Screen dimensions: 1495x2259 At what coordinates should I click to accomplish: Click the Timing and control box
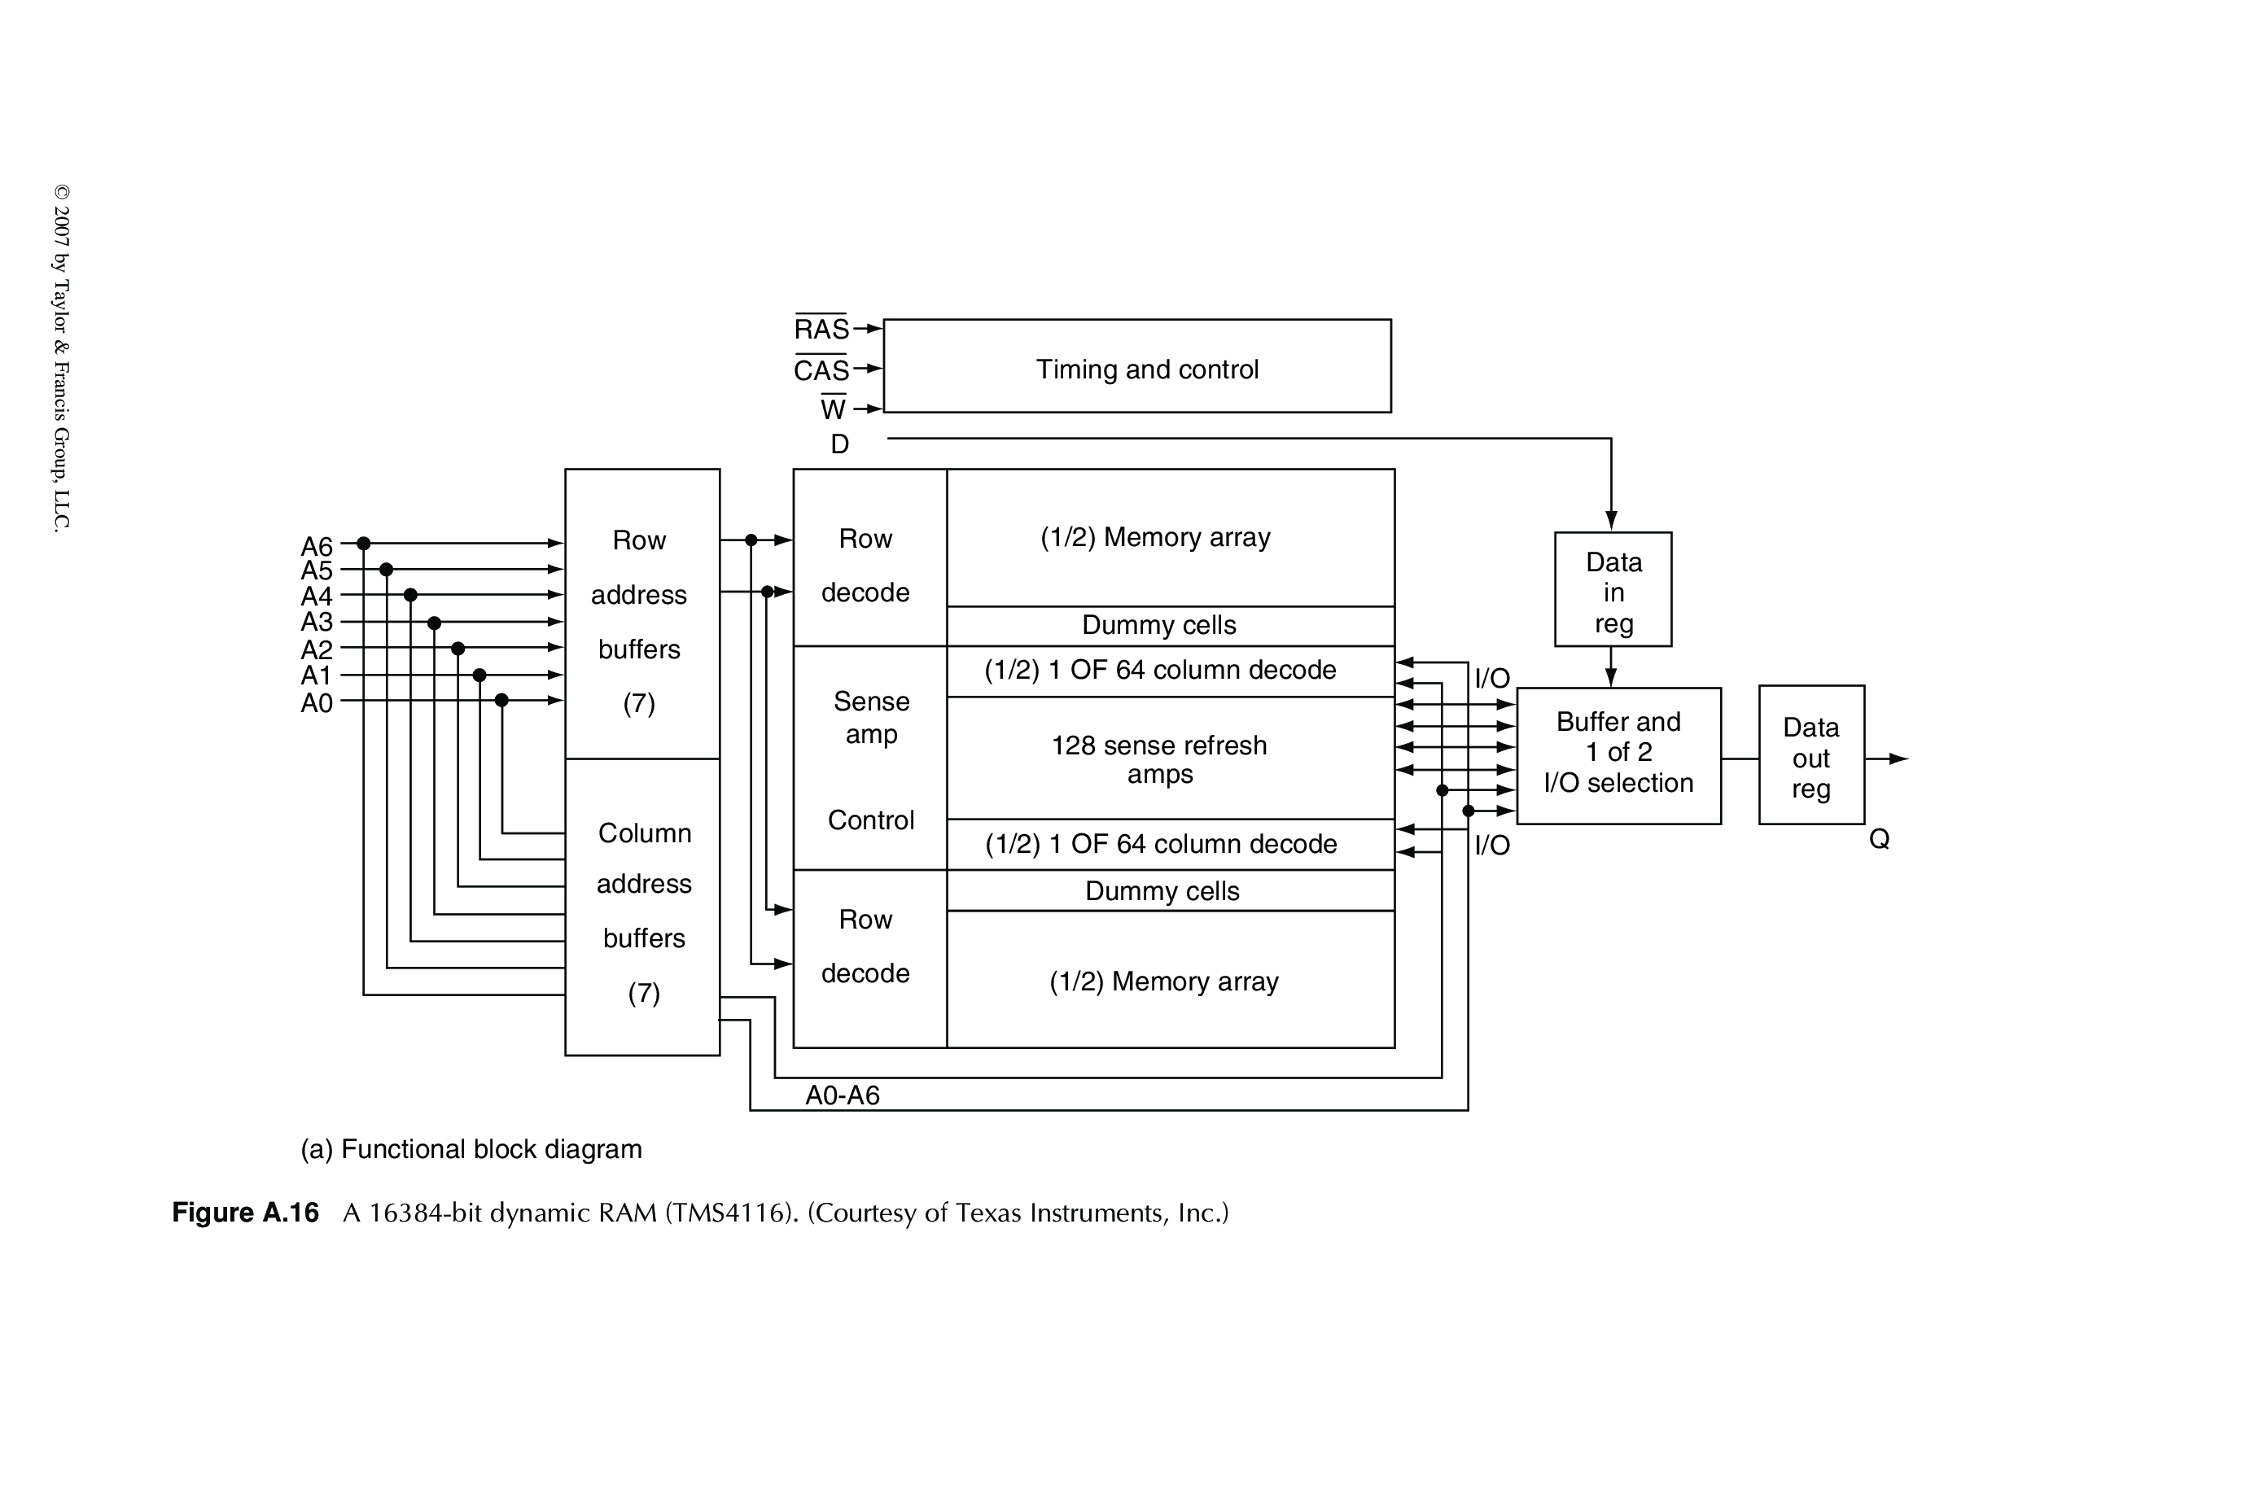(x=1136, y=366)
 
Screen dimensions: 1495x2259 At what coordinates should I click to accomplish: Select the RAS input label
(x=821, y=329)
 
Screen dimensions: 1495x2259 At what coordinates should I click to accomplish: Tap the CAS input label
(x=821, y=370)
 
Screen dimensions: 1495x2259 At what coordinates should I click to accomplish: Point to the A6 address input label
(x=317, y=546)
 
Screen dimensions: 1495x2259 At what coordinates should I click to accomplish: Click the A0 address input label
(x=317, y=704)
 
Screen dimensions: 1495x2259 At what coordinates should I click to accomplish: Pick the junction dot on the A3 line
(x=434, y=623)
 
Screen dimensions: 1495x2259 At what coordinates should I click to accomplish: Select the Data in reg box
(x=1613, y=589)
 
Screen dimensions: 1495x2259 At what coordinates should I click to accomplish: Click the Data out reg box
(x=1810, y=755)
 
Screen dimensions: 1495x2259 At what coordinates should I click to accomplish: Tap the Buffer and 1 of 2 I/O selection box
(x=1618, y=755)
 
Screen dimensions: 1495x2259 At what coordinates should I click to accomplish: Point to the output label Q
(x=1879, y=839)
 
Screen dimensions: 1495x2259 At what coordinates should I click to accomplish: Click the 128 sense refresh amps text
(x=1159, y=759)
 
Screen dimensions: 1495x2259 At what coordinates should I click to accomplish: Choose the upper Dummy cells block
(x=1169, y=626)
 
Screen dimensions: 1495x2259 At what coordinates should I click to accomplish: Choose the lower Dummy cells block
(x=1169, y=890)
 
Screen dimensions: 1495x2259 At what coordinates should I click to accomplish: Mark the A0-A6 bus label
(x=842, y=1095)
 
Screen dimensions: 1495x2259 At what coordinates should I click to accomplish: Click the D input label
(x=839, y=444)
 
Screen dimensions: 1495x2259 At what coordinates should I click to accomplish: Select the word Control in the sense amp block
(x=870, y=820)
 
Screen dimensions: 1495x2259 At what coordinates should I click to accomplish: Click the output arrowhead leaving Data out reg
(x=1898, y=759)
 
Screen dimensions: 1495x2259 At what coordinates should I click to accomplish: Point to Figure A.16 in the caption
(x=245, y=1213)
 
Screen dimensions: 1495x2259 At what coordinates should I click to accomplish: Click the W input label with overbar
(x=833, y=409)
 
